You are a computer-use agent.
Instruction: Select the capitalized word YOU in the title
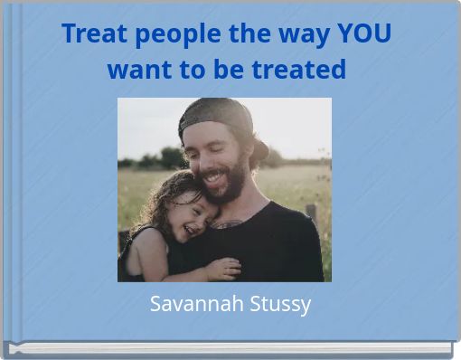click(363, 34)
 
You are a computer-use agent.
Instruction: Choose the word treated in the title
click(298, 69)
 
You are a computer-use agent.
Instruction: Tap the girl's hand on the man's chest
click(221, 268)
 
